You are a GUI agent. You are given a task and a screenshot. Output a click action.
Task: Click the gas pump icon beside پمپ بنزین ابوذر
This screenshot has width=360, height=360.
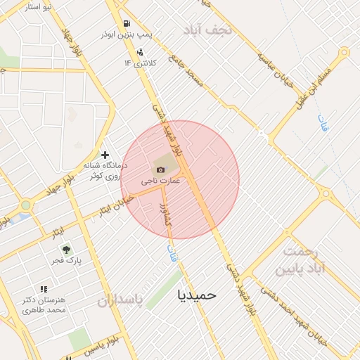click(127, 23)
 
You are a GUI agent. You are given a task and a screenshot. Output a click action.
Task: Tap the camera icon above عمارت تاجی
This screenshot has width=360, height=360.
click(160, 169)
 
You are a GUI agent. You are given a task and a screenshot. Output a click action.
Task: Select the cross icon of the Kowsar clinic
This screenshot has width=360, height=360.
click(105, 155)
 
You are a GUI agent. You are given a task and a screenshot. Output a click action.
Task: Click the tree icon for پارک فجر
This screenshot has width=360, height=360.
click(65, 250)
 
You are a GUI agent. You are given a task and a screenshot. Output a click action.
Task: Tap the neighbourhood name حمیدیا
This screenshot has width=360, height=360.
click(198, 294)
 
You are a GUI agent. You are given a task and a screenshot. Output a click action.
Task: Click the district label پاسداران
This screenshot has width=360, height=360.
click(120, 301)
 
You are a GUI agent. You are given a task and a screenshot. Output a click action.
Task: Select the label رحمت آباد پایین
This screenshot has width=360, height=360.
click(306, 259)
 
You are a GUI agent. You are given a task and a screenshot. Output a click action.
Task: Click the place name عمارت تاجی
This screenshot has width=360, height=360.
click(162, 181)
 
